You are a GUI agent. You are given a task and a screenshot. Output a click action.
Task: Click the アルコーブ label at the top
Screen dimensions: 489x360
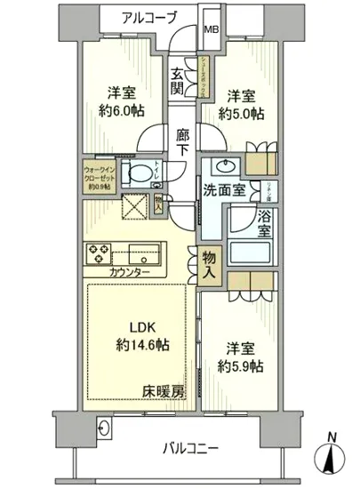149,17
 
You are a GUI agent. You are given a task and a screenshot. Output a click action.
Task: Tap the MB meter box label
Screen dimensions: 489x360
211,29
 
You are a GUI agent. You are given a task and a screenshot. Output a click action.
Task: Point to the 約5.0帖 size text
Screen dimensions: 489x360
243,113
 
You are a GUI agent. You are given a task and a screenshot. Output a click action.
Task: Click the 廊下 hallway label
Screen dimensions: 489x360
182,143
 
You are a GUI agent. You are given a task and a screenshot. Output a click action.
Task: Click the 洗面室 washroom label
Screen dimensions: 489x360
219,189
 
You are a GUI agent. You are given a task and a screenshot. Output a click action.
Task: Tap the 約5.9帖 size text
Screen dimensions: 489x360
243,365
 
